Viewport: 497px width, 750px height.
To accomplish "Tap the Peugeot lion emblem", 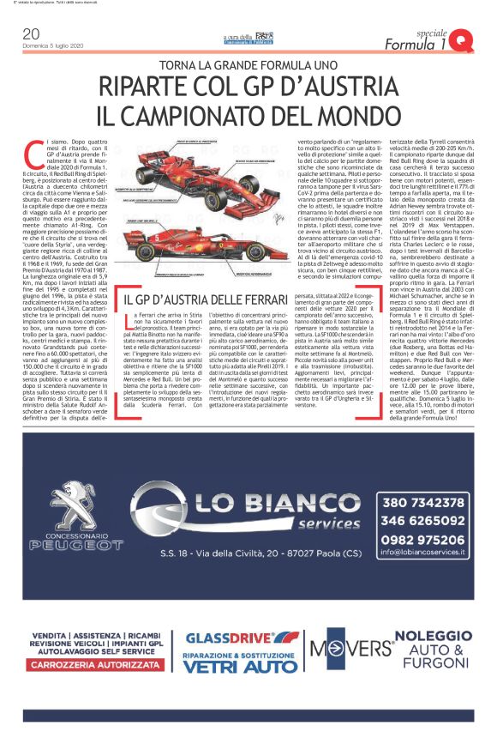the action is [66, 512].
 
